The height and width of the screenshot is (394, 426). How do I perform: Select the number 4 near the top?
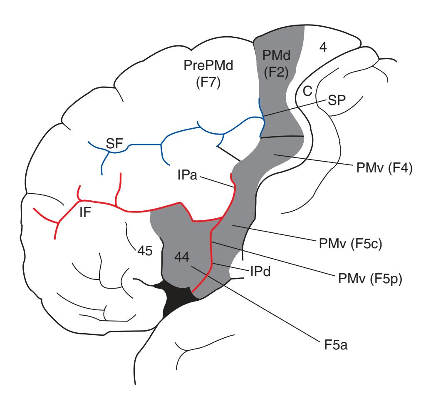point(323,47)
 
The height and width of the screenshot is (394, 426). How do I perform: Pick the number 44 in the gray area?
point(183,257)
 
